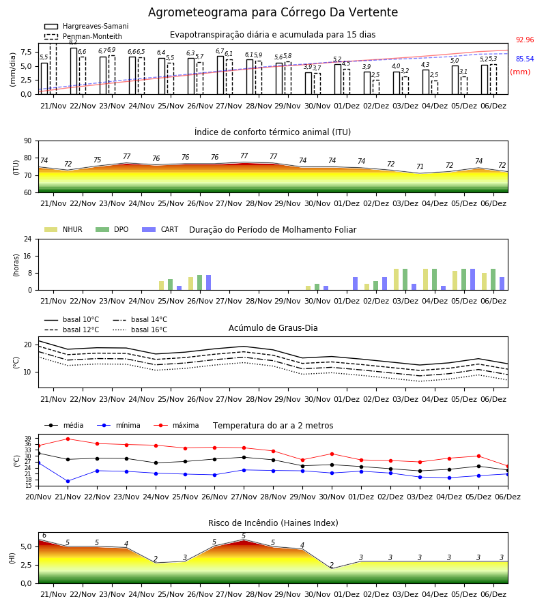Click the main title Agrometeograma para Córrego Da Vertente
(x=272, y=12)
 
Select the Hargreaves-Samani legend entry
(x=86, y=26)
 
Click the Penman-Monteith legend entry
(x=83, y=36)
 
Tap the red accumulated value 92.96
(x=525, y=40)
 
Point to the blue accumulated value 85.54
(x=525, y=59)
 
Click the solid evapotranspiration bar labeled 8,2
(x=74, y=71)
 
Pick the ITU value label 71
(x=420, y=167)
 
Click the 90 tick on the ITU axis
(x=28, y=141)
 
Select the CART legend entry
(x=160, y=229)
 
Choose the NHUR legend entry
(x=63, y=229)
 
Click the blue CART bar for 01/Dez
(x=356, y=284)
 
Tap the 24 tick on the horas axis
(x=28, y=239)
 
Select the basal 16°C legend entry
(x=140, y=330)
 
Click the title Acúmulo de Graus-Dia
(x=273, y=328)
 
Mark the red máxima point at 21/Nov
(x=68, y=439)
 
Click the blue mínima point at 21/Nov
(x=68, y=481)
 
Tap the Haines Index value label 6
(x=44, y=536)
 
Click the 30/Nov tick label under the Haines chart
(x=317, y=594)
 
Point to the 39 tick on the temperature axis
(x=28, y=438)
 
